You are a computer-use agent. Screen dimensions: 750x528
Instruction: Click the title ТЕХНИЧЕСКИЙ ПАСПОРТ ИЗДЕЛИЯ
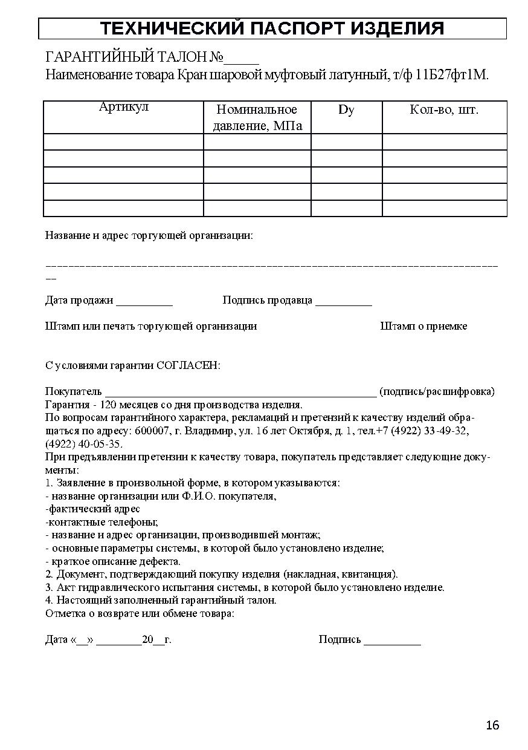(x=272, y=28)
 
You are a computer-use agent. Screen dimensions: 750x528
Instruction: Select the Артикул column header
(x=123, y=108)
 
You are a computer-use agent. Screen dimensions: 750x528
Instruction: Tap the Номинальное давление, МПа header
(x=257, y=117)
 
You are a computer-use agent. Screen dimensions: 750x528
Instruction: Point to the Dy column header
(x=346, y=109)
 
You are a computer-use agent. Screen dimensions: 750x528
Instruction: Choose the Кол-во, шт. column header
(x=444, y=109)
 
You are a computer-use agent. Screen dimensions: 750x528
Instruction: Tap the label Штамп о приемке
(x=423, y=326)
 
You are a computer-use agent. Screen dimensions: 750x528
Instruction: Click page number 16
(x=492, y=725)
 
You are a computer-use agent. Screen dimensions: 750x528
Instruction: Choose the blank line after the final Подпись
(x=392, y=640)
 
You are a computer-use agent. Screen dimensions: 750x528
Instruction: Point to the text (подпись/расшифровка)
(x=437, y=391)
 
